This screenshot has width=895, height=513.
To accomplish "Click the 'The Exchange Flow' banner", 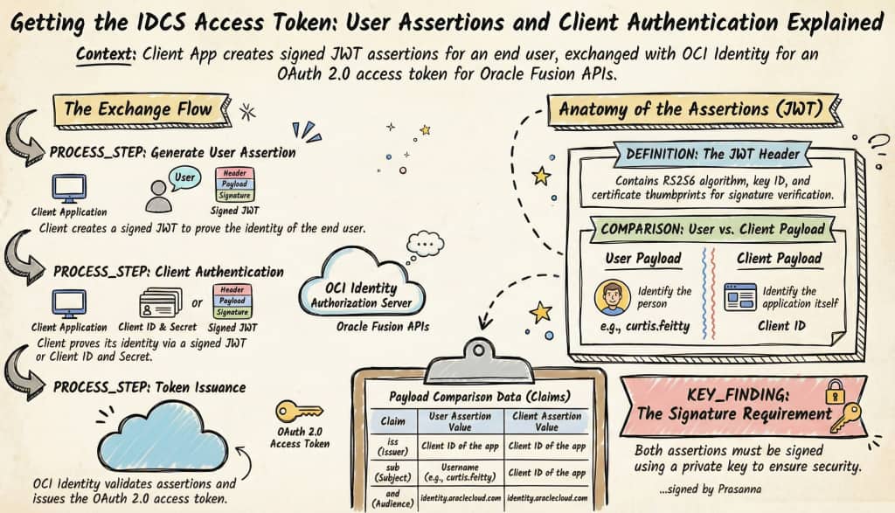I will pyautogui.click(x=138, y=109).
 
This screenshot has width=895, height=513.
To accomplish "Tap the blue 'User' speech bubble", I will pyautogui.click(x=184, y=177).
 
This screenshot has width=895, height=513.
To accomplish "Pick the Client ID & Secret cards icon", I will pyautogui.click(x=161, y=304).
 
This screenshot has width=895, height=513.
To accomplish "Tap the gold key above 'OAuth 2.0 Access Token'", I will pyautogui.click(x=299, y=410).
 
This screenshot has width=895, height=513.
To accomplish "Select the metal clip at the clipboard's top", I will pyautogui.click(x=479, y=353).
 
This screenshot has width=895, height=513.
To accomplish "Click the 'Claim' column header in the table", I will pyautogui.click(x=391, y=421).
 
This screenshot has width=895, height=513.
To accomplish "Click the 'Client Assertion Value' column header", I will pyautogui.click(x=547, y=421).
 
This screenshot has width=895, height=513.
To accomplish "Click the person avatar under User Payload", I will pyautogui.click(x=612, y=297).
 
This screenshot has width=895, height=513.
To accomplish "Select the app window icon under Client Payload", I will pyautogui.click(x=740, y=297).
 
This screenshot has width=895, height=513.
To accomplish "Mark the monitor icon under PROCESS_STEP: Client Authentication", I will pyautogui.click(x=69, y=303).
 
